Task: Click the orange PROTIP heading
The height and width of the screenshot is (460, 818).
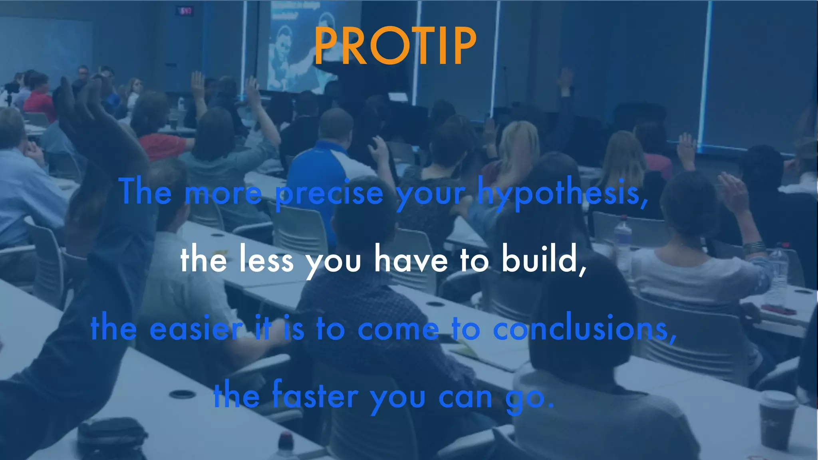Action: [x=395, y=46]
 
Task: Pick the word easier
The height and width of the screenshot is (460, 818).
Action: [x=196, y=329]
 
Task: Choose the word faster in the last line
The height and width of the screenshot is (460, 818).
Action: [x=315, y=396]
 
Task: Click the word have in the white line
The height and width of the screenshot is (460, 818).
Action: [x=411, y=260]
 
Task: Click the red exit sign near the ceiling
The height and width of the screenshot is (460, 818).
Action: [x=185, y=11]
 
